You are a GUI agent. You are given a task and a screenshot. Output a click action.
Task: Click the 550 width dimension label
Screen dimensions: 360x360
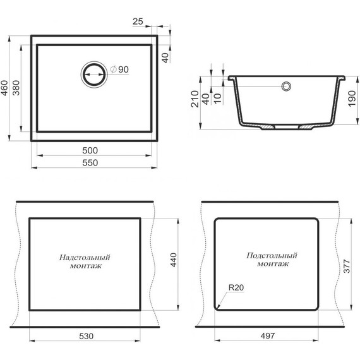(x=90, y=163)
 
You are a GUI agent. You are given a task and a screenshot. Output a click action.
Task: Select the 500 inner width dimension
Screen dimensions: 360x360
(x=90, y=150)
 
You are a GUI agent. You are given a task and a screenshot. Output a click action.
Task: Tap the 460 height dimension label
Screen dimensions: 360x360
(x=4, y=88)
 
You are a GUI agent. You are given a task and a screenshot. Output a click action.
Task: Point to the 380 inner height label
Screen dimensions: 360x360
(x=16, y=88)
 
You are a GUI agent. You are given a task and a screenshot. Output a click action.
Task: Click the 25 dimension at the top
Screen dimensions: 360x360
(x=138, y=21)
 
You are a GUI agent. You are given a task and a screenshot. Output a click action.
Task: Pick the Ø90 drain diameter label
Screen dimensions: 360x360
(x=119, y=69)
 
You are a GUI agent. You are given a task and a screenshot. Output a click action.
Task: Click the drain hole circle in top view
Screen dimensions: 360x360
(x=94, y=75)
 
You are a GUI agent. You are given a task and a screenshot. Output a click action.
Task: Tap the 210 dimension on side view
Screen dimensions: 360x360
(x=195, y=99)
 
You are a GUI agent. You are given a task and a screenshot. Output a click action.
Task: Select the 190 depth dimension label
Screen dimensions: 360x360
(x=352, y=99)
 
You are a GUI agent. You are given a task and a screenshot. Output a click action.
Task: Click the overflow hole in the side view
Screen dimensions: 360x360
(x=286, y=87)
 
